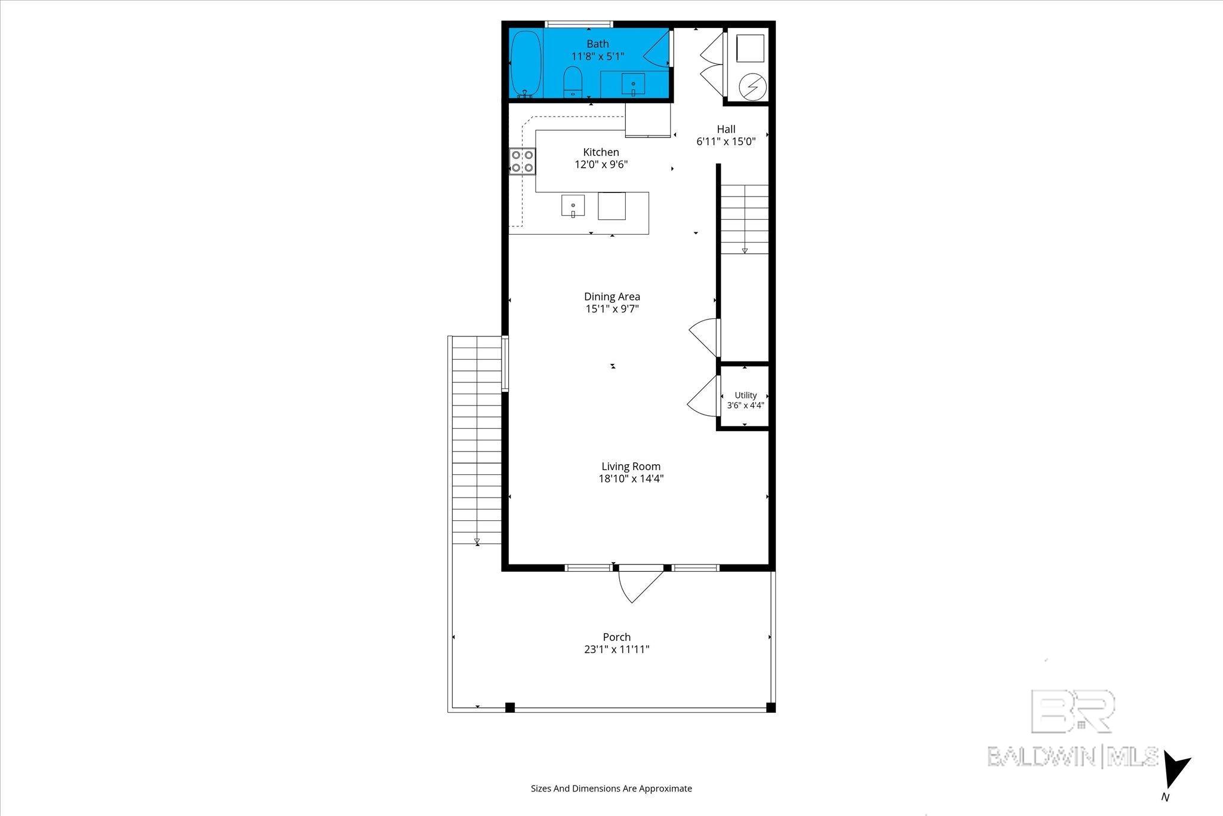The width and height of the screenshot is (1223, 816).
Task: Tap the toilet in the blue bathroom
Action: (x=573, y=82)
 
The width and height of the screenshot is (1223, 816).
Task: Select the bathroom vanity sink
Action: (x=633, y=84)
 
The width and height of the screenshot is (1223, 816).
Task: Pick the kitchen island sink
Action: (x=573, y=206)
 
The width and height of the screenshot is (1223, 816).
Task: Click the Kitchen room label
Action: (x=601, y=152)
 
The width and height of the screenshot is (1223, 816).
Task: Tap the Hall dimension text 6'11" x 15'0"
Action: (x=726, y=142)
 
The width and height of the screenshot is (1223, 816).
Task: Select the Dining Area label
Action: (x=612, y=296)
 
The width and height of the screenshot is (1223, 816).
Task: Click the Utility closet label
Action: (x=746, y=395)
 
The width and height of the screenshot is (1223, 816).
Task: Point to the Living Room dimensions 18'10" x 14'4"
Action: (x=631, y=478)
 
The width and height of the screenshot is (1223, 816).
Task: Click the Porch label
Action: (x=617, y=637)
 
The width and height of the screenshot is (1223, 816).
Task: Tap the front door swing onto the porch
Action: (x=640, y=585)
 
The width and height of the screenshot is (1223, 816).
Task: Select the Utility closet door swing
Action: (x=703, y=395)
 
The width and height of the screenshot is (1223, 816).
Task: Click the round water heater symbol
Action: (x=751, y=88)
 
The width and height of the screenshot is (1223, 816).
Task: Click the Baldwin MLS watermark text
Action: (x=1073, y=757)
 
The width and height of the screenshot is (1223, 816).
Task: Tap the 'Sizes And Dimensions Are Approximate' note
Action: (x=611, y=789)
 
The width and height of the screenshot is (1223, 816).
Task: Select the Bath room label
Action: (x=598, y=44)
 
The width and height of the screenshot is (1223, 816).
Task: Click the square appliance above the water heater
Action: (x=750, y=48)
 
